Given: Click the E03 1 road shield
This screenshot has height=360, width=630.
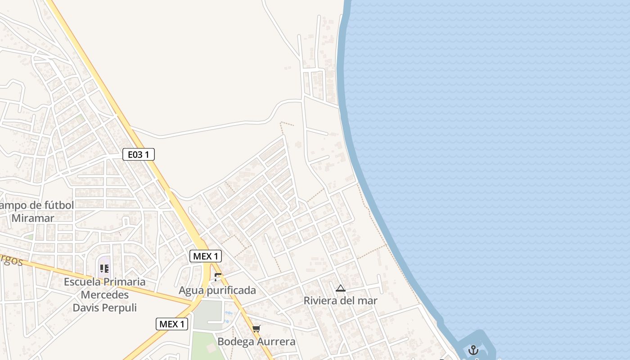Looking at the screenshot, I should [139, 155].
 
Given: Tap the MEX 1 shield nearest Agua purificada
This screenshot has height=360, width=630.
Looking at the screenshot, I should [206, 256].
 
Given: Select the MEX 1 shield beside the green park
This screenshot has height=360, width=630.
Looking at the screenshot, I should [172, 324].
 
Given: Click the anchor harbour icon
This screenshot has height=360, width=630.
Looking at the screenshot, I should [473, 350].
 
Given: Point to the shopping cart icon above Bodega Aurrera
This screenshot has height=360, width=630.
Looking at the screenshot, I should [256, 329].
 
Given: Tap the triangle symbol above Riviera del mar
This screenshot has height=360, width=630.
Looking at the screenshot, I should [341, 288].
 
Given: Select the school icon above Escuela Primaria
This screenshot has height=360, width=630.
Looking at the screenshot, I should [104, 269].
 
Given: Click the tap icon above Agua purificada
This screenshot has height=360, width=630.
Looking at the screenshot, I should [218, 277].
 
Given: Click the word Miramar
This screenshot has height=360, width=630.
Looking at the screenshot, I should [33, 218].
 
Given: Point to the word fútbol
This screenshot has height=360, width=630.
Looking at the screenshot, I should [57, 205].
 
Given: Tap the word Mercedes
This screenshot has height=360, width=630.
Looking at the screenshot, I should [105, 295].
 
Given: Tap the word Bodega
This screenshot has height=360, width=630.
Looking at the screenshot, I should [234, 342].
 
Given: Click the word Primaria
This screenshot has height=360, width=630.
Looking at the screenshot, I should [125, 282].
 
